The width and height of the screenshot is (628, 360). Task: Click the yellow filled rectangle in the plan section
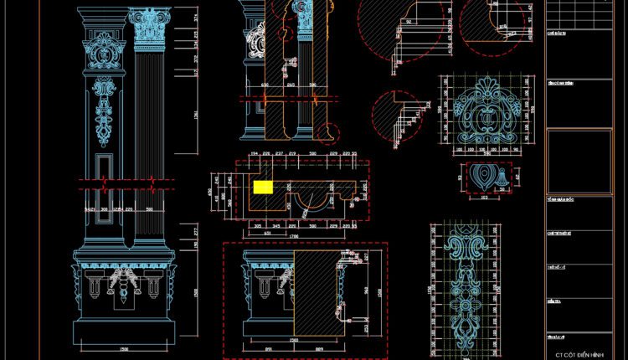[263, 188]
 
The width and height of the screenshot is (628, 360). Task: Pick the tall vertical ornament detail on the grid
[465, 285]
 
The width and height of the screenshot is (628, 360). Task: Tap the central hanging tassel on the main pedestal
[126, 289]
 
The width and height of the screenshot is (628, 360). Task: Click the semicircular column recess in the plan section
[311, 201]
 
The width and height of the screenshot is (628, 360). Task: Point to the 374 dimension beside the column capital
[195, 18]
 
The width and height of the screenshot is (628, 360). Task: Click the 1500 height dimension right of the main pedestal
[195, 293]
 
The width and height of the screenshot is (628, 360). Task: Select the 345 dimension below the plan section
[277, 227]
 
